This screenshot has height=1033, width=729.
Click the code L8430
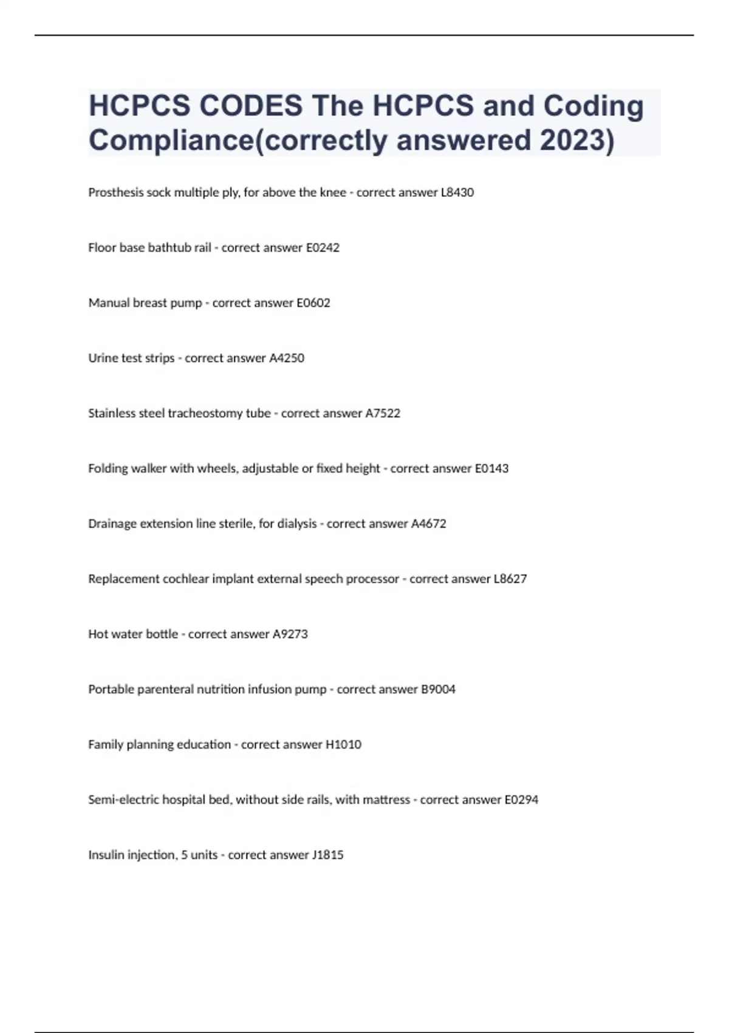coord(457,193)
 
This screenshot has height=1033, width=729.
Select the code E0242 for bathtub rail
coord(323,248)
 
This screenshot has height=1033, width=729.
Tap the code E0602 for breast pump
coord(313,303)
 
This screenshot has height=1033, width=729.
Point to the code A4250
coord(287,359)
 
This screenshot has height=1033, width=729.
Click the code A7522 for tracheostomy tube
coord(383,414)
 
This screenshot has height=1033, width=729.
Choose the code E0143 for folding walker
coord(491,468)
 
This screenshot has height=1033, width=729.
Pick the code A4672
coord(429,524)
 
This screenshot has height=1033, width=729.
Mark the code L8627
coord(510,579)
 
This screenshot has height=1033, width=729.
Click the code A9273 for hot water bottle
coord(290,634)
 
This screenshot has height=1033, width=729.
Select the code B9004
coord(438,690)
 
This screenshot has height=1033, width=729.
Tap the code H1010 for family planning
coord(344,745)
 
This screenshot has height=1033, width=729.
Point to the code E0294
coord(521,800)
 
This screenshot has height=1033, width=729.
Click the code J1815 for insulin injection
coord(328,856)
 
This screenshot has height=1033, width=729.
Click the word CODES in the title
coord(250,106)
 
